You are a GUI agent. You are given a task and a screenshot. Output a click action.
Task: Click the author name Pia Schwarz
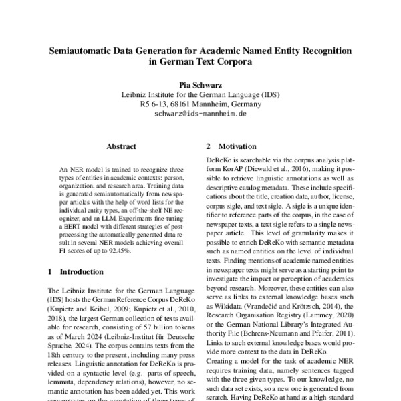pos(200,85)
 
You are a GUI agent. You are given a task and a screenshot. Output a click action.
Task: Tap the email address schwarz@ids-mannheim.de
pos(200,114)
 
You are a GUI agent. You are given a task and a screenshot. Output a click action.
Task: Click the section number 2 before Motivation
pos(208,146)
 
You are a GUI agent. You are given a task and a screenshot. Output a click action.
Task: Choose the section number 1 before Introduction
pos(51,273)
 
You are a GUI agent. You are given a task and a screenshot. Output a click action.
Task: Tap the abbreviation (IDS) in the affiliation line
pos(270,95)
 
